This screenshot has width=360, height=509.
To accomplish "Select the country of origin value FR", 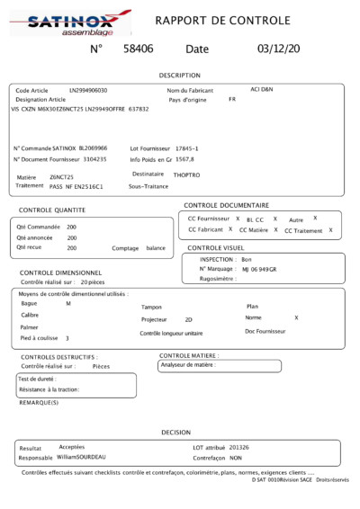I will [x=231, y=99].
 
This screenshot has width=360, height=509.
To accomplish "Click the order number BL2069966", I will [x=93, y=147].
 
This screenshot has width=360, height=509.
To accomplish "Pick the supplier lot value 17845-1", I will [x=186, y=147].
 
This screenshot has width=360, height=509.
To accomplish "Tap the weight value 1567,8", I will [x=184, y=158].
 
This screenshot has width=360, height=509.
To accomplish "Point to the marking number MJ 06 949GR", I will [x=259, y=269].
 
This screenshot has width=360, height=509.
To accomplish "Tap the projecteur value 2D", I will [x=188, y=319].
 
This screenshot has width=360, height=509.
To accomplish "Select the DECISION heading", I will [x=175, y=432].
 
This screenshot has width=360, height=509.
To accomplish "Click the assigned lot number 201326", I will [x=239, y=447].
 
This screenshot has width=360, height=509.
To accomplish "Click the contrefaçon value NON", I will [x=237, y=458].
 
